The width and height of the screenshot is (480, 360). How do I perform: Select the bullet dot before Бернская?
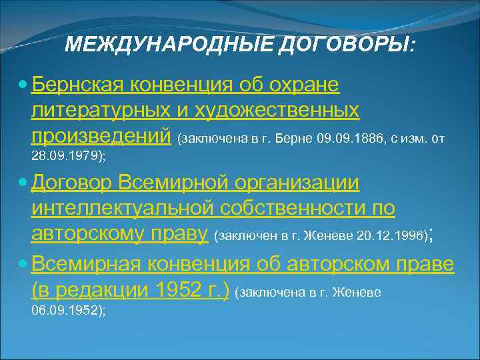point(24,86)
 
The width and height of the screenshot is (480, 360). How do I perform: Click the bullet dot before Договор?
point(24,182)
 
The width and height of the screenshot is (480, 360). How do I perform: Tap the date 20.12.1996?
point(390,236)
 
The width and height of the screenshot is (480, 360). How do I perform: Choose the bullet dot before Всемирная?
point(24,264)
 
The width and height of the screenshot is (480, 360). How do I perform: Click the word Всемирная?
point(81,264)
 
